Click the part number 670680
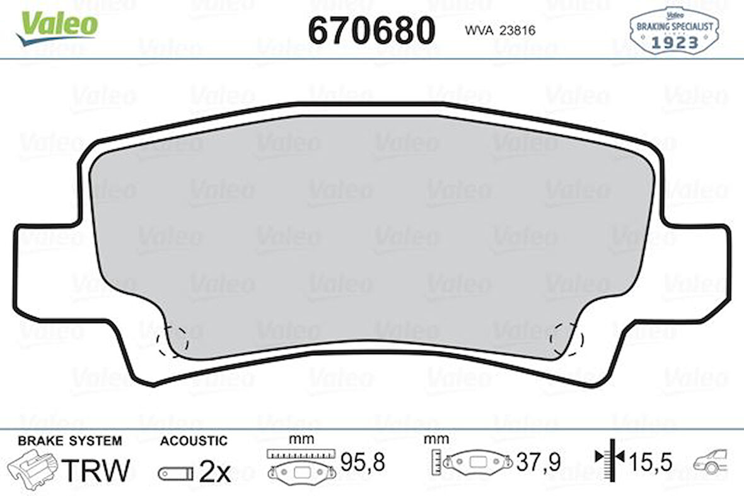pos(371,30)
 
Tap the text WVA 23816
pos(500,30)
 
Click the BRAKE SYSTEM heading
pos(69,440)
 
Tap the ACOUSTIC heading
pos(194,440)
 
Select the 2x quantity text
pos(214,471)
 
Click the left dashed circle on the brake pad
pos(172,341)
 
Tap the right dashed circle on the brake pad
pos(566,339)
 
